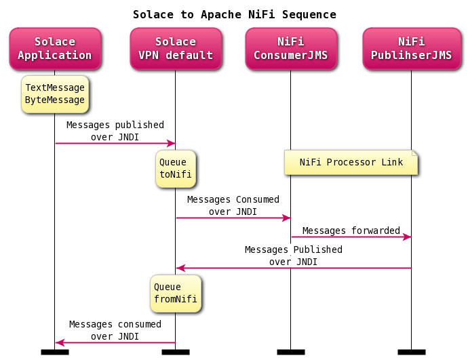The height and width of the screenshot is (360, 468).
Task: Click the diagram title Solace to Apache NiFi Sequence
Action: [234, 14]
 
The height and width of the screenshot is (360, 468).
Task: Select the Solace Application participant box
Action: [55, 49]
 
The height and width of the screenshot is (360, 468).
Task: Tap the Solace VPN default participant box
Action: [175, 49]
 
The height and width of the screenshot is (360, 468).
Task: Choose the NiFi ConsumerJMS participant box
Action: [290, 49]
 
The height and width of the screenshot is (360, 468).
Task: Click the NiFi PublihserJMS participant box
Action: [411, 49]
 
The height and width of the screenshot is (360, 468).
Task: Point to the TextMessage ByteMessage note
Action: [55, 94]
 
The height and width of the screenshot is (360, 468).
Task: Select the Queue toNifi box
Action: [175, 168]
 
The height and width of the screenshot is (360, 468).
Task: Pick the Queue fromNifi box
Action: [176, 293]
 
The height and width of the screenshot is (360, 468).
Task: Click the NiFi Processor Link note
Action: [351, 163]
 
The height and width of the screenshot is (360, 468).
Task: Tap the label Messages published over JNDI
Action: [115, 131]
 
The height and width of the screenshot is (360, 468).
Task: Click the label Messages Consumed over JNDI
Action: [233, 205]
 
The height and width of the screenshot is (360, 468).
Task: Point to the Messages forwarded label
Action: [351, 231]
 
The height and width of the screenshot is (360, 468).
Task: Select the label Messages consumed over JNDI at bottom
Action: [115, 330]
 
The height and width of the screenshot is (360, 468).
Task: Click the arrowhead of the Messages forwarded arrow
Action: [408, 237]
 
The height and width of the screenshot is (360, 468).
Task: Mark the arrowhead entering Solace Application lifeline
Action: [59, 342]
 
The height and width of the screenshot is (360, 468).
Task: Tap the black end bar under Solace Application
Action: [55, 352]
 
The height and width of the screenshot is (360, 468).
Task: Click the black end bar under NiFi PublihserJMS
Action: [411, 352]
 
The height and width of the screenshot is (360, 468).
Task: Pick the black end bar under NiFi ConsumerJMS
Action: [290, 352]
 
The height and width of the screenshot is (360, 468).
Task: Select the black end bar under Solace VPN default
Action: [175, 352]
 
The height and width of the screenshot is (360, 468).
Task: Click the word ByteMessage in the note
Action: [55, 100]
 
